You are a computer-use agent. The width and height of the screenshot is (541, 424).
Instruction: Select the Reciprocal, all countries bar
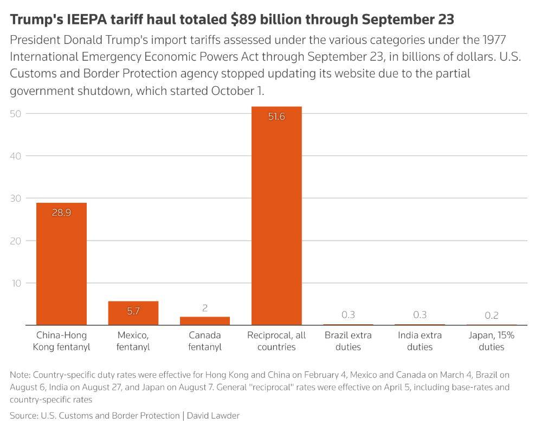[276, 217]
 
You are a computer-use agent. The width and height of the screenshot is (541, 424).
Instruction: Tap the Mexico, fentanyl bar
[133, 313]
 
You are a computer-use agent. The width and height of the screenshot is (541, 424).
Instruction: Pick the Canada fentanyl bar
[205, 320]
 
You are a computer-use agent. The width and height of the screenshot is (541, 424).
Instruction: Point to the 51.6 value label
[276, 116]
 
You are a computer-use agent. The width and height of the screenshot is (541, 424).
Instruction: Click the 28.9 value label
[61, 213]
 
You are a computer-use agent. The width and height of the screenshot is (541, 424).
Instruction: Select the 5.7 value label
[133, 311]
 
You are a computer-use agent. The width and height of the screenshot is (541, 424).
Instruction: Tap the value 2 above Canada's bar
[205, 308]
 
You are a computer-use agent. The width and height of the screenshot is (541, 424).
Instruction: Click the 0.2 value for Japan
[492, 315]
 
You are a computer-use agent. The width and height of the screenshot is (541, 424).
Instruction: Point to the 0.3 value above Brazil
[348, 314]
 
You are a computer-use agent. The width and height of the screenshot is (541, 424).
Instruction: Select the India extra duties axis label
[420, 341]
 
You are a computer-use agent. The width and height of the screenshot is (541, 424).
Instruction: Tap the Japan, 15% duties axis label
[492, 341]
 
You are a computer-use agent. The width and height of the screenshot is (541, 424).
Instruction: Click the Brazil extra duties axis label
[348, 341]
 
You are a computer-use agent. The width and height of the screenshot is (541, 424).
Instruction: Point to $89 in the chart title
[242, 20]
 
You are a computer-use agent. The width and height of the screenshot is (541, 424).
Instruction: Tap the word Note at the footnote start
[20, 375]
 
